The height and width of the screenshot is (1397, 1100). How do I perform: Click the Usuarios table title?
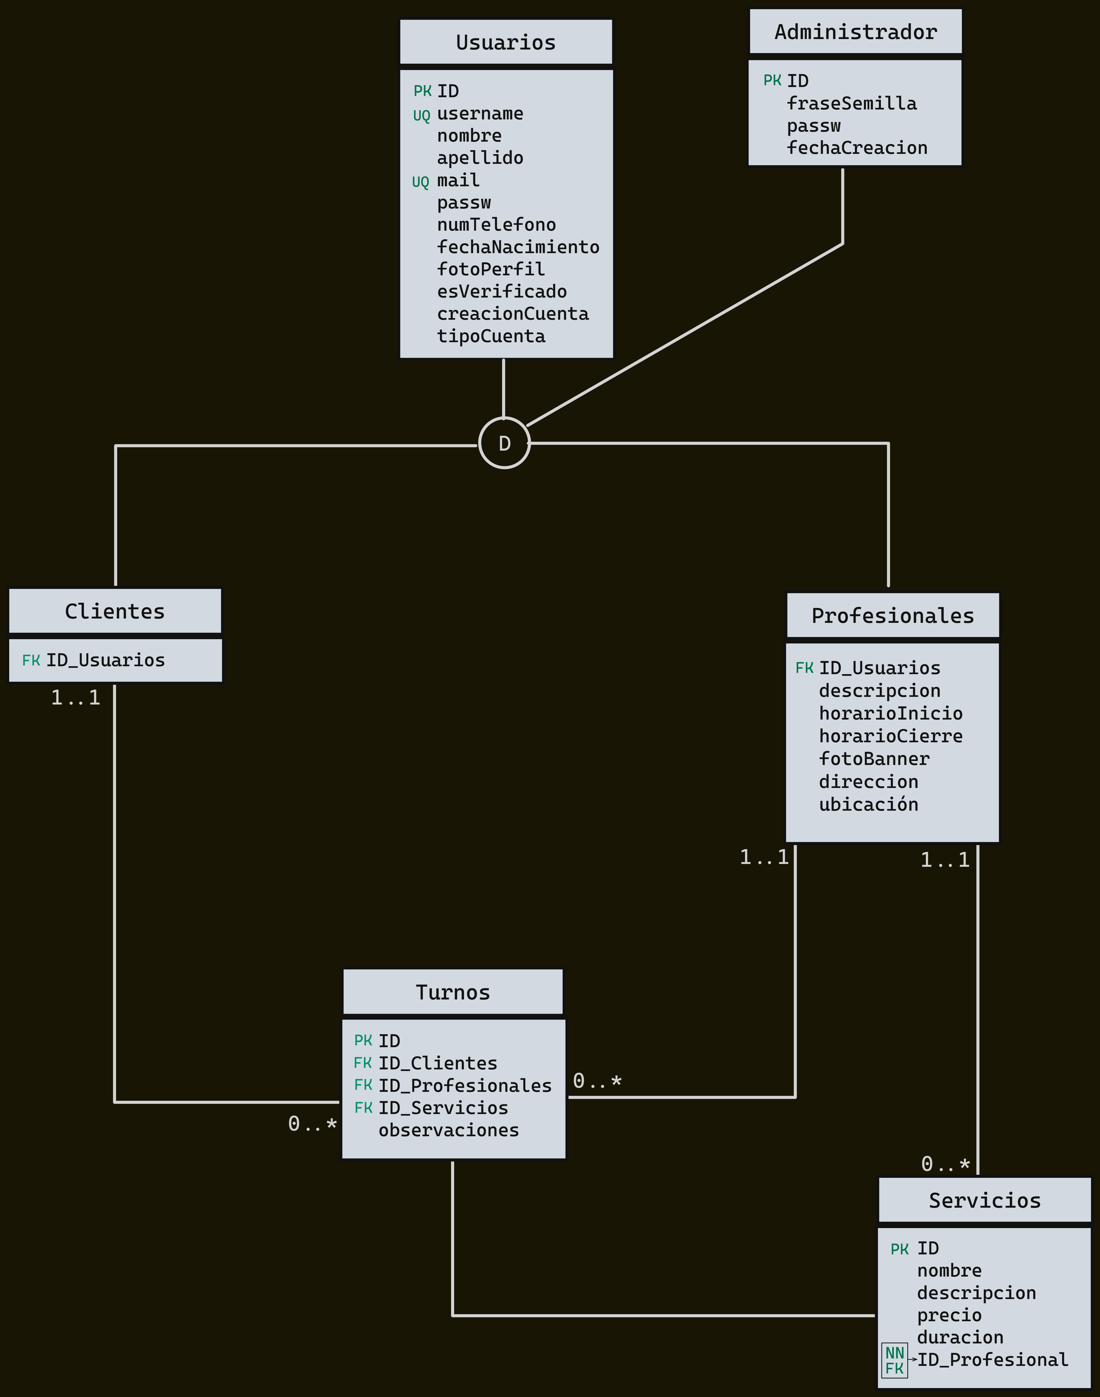(x=505, y=43)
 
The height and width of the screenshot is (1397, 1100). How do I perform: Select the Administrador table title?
(x=855, y=32)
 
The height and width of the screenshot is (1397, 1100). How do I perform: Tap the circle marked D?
(x=504, y=443)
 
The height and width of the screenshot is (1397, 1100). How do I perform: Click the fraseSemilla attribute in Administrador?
(x=851, y=104)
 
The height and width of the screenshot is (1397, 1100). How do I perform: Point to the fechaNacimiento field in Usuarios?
(x=518, y=247)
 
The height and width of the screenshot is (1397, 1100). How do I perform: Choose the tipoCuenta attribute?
(x=491, y=336)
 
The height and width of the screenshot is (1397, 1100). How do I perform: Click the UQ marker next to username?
(x=421, y=115)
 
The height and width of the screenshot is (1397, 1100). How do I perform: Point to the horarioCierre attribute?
(x=891, y=736)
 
